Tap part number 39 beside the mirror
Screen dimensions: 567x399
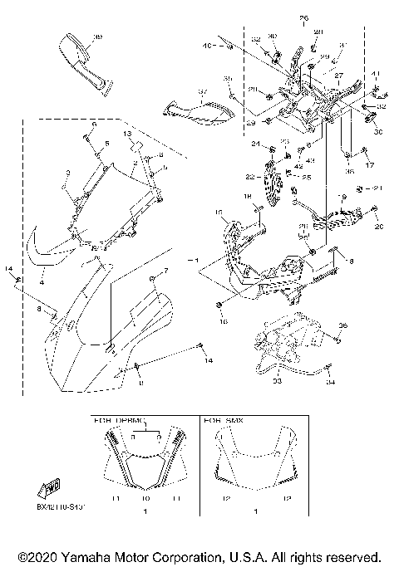pyautogui.click(x=98, y=37)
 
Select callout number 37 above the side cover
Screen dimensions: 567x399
pyautogui.click(x=201, y=91)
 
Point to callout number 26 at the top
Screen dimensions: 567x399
pyautogui.click(x=303, y=17)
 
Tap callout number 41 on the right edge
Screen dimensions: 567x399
pyautogui.click(x=375, y=75)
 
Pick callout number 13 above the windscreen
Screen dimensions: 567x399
pyautogui.click(x=128, y=133)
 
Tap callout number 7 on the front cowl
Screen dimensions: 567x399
pyautogui.click(x=165, y=271)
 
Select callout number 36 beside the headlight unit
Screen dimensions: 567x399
pyautogui.click(x=342, y=325)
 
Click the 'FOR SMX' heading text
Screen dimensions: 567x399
pyautogui.click(x=222, y=421)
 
